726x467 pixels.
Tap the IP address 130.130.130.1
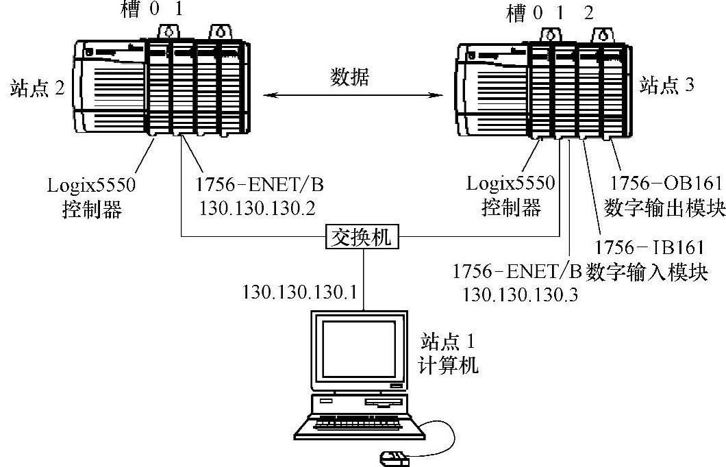299,292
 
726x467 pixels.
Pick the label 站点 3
666,86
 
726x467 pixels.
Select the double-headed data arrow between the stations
353,96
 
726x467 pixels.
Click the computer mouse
394,457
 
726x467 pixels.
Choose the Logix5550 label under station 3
511,183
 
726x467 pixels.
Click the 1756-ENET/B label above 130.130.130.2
252,184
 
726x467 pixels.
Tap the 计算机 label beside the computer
449,364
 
